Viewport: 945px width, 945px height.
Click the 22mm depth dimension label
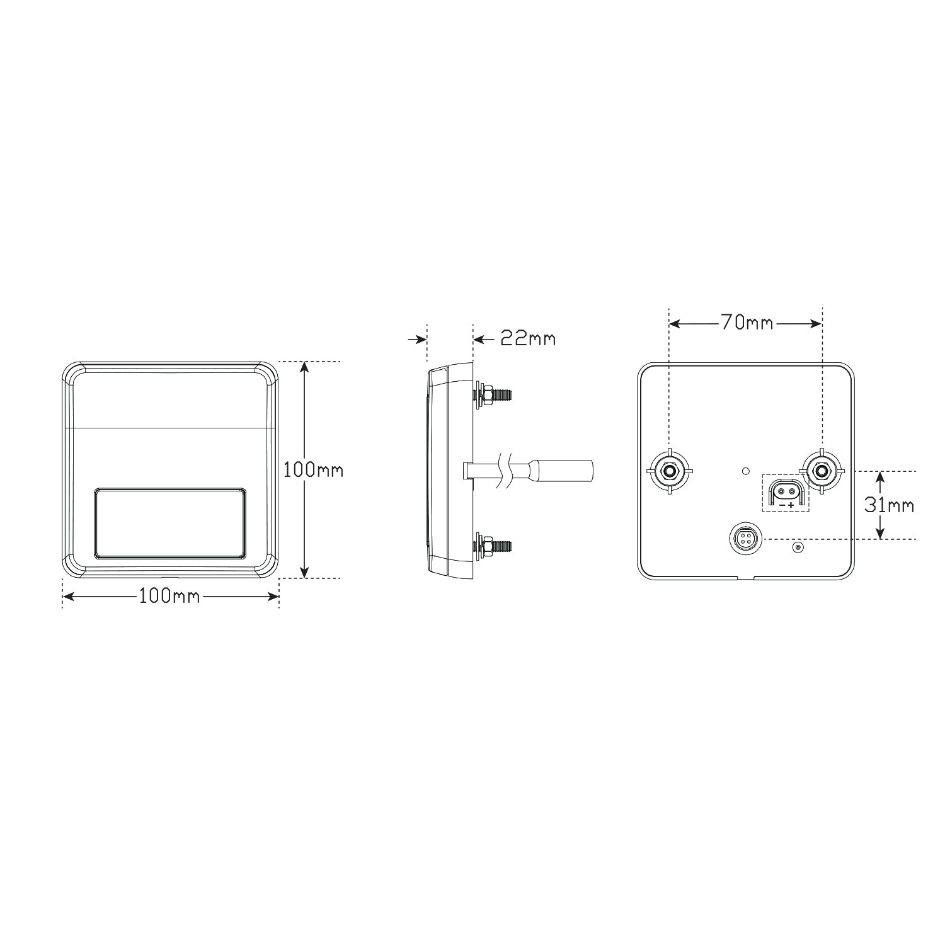528,339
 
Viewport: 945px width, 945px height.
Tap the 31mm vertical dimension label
889,505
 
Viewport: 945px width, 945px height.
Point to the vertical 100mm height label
313,469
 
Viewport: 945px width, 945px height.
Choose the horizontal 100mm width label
169,595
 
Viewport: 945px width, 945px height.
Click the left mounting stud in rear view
670,470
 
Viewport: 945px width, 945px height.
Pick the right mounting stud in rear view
822,470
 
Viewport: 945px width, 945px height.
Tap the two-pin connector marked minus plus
786,492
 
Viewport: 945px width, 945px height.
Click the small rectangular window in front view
170,522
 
